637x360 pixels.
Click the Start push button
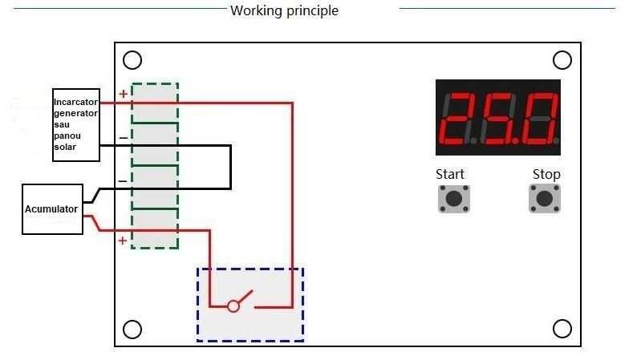coord(454,199)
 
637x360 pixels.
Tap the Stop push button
coord(545,199)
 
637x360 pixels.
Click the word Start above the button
coord(450,174)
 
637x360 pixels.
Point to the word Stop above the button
coord(546,174)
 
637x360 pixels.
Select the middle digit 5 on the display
coord(498,119)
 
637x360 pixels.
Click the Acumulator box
coord(52,209)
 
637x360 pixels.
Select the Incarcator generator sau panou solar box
coord(76,125)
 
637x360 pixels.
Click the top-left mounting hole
coord(132,60)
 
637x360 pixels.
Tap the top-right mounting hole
coord(562,60)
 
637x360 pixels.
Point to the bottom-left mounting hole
coord(132,330)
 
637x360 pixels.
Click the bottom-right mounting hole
coord(562,329)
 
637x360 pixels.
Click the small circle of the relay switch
coord(233,306)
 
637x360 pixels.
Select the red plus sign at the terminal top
coord(123,94)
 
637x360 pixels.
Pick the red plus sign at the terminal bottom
coord(122,241)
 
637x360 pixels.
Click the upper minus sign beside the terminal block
coord(124,138)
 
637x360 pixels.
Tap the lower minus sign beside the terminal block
coord(123,181)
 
